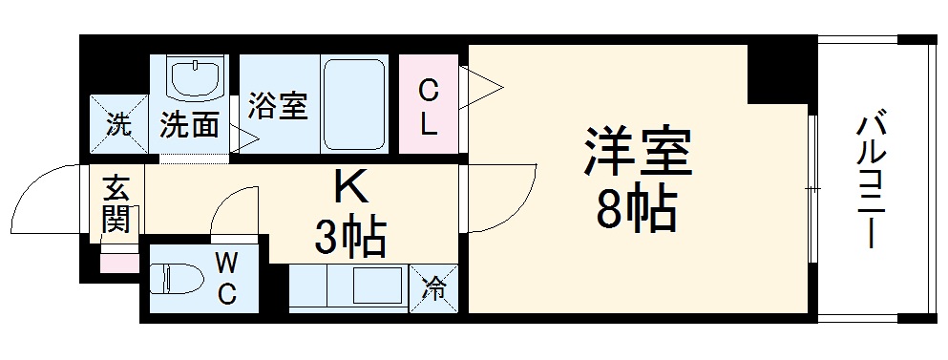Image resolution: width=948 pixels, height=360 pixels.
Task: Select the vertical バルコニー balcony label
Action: coord(870,180)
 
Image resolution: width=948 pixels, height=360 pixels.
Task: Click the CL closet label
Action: coord(429,107)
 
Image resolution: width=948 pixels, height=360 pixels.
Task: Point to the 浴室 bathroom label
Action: coord(278,106)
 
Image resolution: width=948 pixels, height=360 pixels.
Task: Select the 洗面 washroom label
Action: coord(189,125)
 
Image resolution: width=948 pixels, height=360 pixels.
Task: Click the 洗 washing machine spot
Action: coord(118,124)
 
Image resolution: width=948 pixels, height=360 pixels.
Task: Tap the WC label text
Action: coord(226,278)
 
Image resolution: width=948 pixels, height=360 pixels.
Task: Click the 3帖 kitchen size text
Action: coord(350,237)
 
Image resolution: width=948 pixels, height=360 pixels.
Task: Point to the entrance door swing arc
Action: coord(48,196)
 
